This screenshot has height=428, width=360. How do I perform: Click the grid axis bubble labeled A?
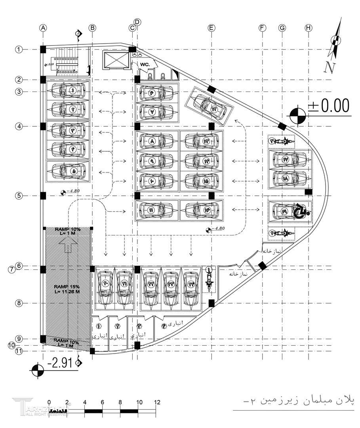pos(43,28)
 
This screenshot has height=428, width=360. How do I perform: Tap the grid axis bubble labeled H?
pos(309,28)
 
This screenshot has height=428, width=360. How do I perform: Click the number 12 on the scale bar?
pos(157,402)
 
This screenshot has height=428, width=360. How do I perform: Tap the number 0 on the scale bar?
pos(49,402)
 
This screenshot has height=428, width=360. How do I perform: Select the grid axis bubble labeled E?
pos(211,28)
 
